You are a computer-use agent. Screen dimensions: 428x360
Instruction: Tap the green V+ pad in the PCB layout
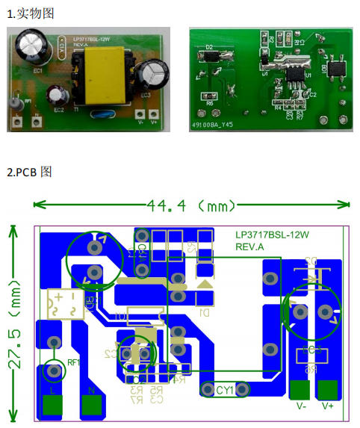[327, 390]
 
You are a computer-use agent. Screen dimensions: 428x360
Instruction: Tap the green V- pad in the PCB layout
[300, 390]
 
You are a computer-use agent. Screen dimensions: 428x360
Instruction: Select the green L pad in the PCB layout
[52, 404]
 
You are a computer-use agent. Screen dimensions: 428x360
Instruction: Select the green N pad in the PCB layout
[91, 404]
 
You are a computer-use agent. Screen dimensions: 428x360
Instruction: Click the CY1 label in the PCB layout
[224, 389]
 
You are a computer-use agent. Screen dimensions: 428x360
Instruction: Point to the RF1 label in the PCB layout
[74, 364]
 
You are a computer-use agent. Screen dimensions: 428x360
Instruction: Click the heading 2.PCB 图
[29, 173]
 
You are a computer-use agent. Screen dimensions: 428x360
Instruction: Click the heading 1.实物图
[29, 13]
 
